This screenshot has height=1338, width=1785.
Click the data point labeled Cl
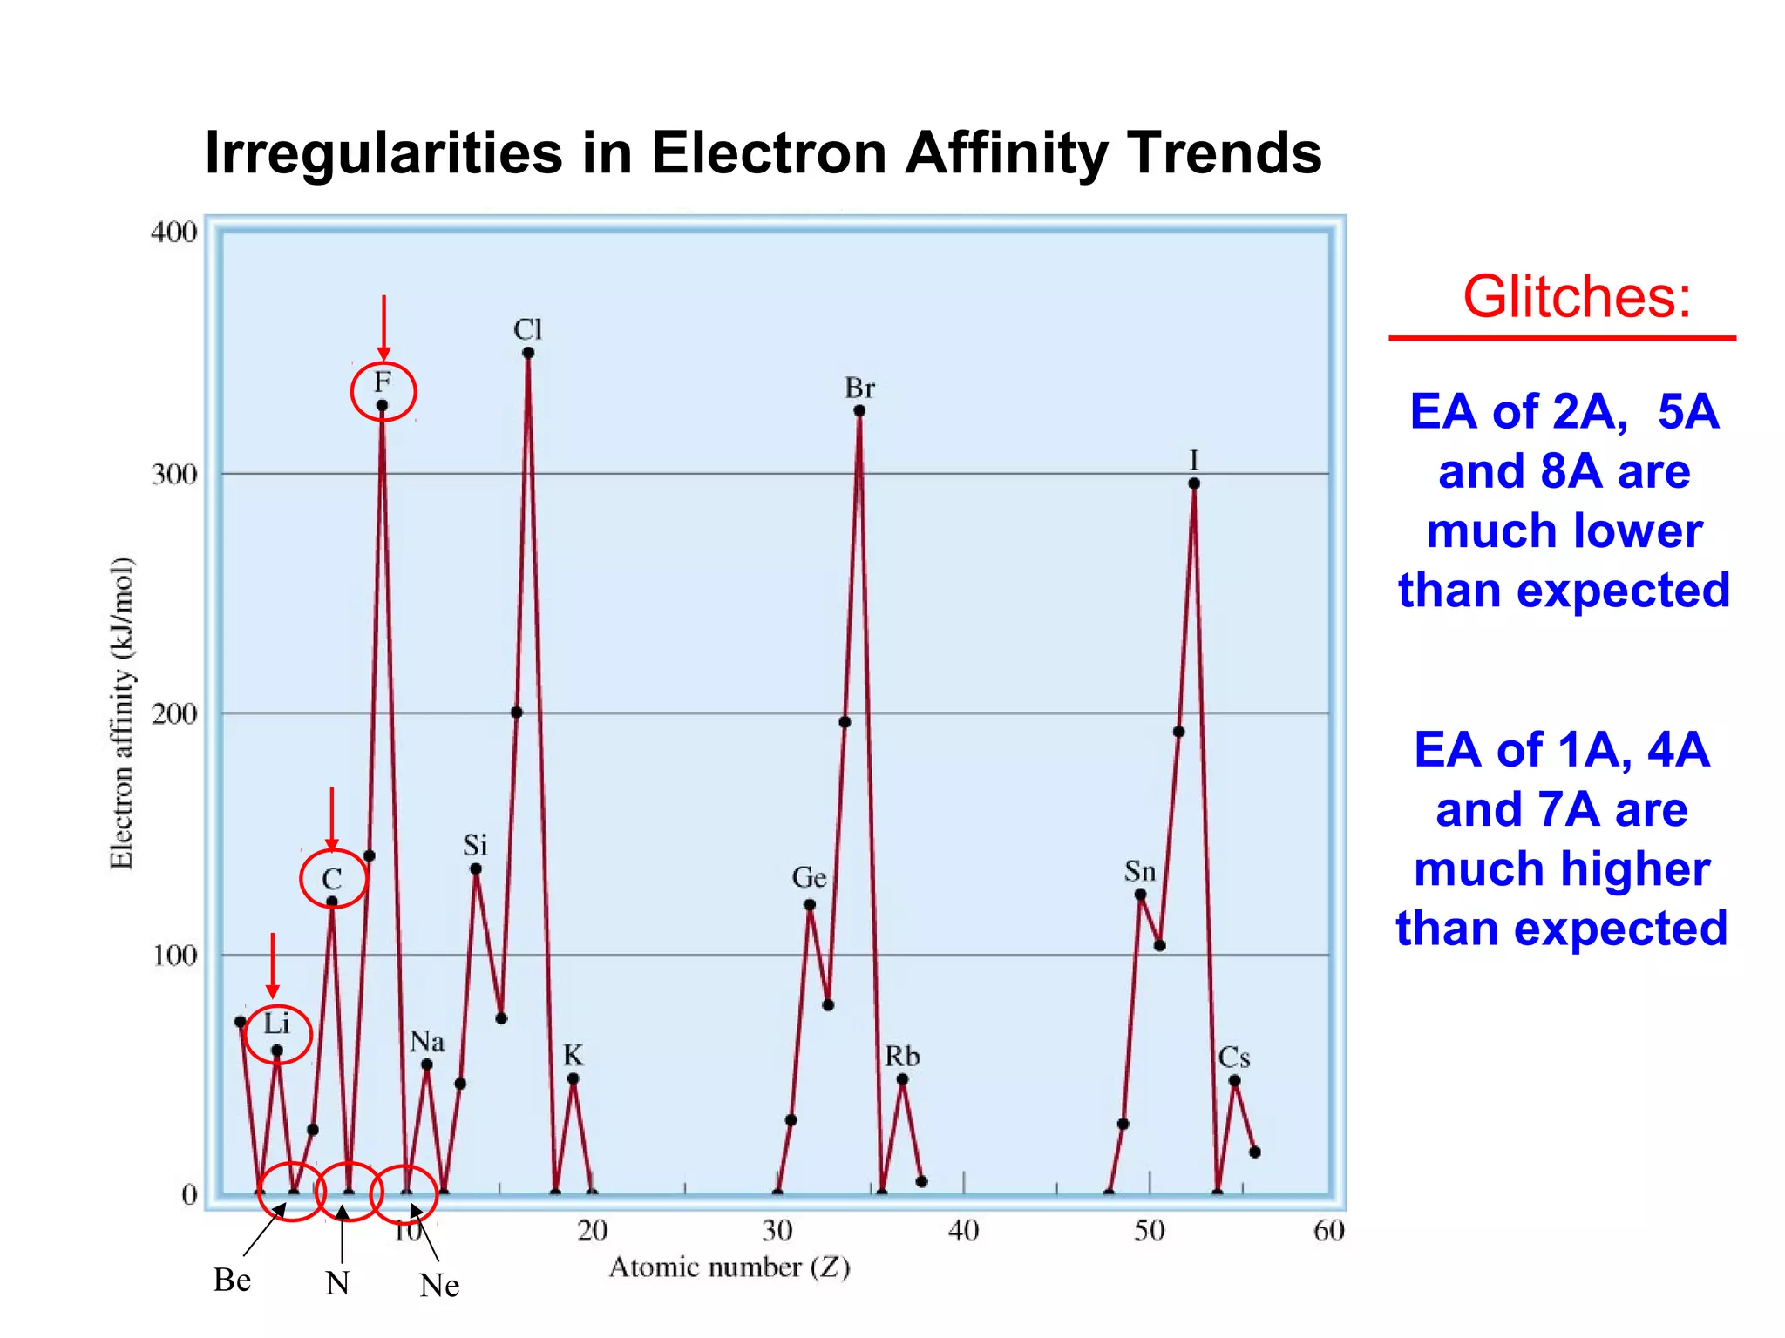pos(528,353)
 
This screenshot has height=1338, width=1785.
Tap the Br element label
pos(859,388)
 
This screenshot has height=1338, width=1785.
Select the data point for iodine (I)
pos(1194,483)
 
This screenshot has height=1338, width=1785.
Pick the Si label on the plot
pos(475,845)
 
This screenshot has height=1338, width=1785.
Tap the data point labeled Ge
pos(810,904)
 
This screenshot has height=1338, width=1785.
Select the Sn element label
pos(1140,871)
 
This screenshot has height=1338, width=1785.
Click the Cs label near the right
pos(1234,1058)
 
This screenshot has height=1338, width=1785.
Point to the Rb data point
pos(902,1079)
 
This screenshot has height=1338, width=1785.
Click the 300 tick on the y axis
pos(174,475)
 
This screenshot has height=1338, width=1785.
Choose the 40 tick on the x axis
pos(963,1230)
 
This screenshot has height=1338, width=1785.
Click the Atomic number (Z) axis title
pos(729,1267)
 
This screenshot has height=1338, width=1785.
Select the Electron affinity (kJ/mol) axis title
pos(122,713)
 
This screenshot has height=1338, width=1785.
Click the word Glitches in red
pos(1576,297)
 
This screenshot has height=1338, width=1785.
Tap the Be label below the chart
pos(232,1280)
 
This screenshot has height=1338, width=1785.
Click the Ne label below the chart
pos(438,1285)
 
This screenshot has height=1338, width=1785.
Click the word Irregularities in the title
pos(383,153)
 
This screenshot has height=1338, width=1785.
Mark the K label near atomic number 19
pos(573,1056)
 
